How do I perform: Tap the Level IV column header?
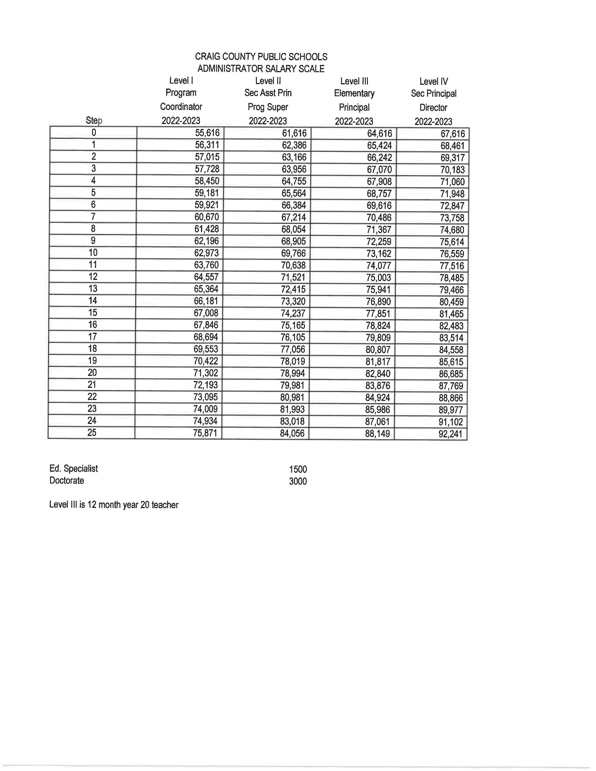pyautogui.click(x=433, y=82)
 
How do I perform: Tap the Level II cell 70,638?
pyautogui.click(x=293, y=265)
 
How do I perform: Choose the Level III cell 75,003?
pyautogui.click(x=378, y=278)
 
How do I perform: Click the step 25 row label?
pyautogui.click(x=92, y=432)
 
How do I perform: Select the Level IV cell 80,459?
pyautogui.click(x=451, y=302)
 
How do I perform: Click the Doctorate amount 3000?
pyautogui.click(x=298, y=481)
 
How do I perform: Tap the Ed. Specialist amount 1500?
pyautogui.click(x=298, y=469)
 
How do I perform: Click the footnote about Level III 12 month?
pyautogui.click(x=114, y=505)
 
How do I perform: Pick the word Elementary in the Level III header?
pyautogui.click(x=354, y=93)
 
